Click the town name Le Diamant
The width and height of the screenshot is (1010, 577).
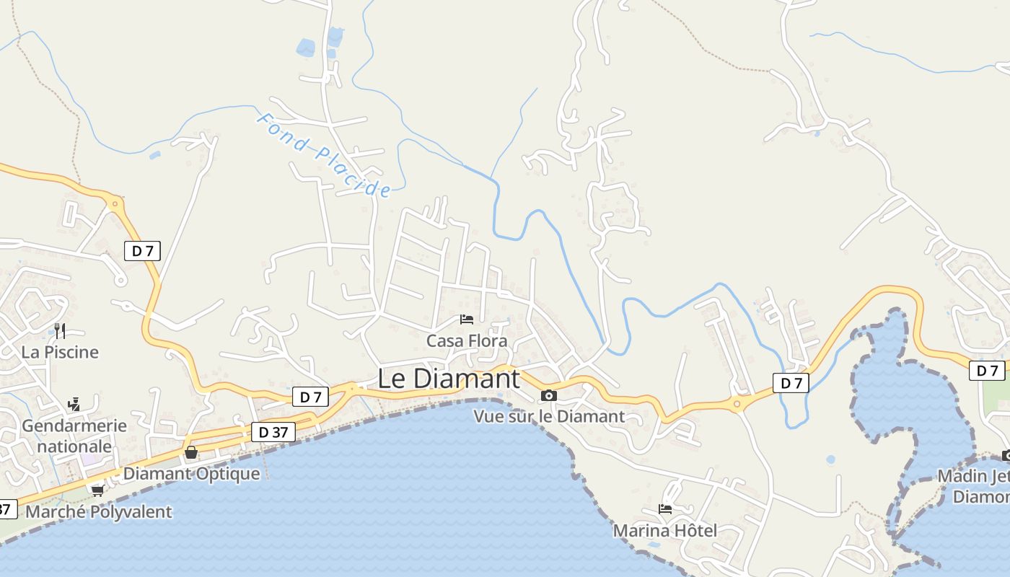(x=448, y=379)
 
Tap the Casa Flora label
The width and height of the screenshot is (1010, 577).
(x=467, y=340)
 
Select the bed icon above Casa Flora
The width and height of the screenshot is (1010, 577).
(x=467, y=319)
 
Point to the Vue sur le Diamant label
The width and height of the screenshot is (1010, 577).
(x=549, y=416)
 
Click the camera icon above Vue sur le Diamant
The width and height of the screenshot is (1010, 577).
(x=549, y=395)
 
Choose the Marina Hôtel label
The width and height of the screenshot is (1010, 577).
(x=664, y=531)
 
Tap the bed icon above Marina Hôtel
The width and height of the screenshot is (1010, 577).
(x=664, y=509)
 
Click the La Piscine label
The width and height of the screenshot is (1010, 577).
(x=60, y=352)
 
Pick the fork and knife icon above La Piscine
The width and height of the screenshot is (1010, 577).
(x=60, y=331)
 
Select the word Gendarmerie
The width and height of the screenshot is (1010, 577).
(x=74, y=426)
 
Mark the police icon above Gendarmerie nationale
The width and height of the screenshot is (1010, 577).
(x=73, y=405)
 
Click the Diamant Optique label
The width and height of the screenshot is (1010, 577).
(x=191, y=474)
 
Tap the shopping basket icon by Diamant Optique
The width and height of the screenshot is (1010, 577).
(x=191, y=452)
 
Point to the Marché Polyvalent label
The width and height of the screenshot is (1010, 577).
(x=99, y=512)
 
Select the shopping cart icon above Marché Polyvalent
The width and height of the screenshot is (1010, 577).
(x=97, y=490)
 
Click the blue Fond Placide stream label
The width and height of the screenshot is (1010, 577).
(x=324, y=155)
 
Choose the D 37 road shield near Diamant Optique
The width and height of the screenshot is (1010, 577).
(x=273, y=432)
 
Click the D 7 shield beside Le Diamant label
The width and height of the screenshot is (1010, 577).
(x=310, y=396)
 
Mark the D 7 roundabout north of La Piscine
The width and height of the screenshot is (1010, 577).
(x=114, y=204)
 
